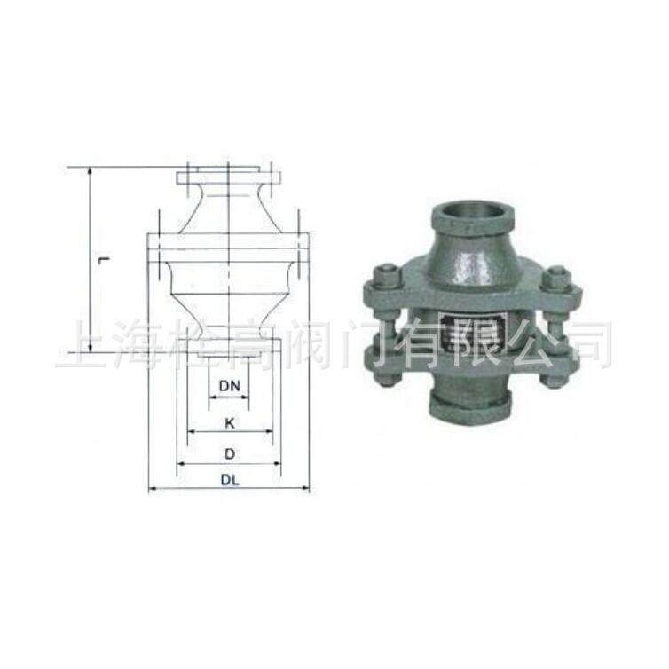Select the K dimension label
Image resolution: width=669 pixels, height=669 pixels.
click(x=229, y=423)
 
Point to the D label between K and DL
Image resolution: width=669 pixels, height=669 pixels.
click(x=229, y=453)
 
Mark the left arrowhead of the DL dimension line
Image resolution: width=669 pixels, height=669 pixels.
click(x=151, y=489)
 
